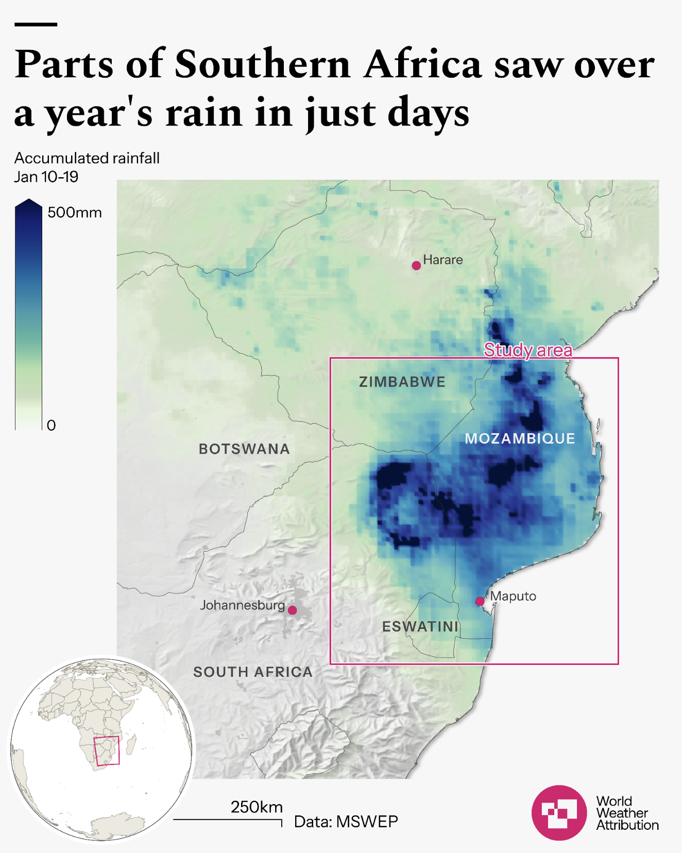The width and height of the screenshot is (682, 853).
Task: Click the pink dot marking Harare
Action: pyautogui.click(x=416, y=266)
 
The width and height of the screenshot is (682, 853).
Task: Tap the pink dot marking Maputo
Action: pyautogui.click(x=480, y=601)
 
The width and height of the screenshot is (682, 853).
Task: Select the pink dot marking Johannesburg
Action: pyautogui.click(x=292, y=610)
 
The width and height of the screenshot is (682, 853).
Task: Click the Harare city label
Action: pyautogui.click(x=442, y=260)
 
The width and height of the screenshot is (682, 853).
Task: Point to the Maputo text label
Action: pyautogui.click(x=513, y=596)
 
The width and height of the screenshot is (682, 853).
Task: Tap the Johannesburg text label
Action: pyautogui.click(x=242, y=605)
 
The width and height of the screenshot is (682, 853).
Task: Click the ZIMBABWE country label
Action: pyautogui.click(x=402, y=382)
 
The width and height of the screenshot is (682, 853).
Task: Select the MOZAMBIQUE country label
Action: pyautogui.click(x=520, y=438)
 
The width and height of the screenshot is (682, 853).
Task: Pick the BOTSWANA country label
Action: pyautogui.click(x=244, y=449)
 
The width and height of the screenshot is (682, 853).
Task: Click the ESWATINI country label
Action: pyautogui.click(x=420, y=627)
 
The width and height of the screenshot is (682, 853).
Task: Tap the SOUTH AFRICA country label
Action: pyautogui.click(x=253, y=672)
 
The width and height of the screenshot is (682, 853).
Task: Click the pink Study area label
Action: pyautogui.click(x=528, y=350)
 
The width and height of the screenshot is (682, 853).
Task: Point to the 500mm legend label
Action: pyautogui.click(x=75, y=213)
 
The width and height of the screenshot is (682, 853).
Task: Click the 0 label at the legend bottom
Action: pyautogui.click(x=52, y=425)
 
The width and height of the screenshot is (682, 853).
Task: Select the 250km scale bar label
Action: pyautogui.click(x=257, y=807)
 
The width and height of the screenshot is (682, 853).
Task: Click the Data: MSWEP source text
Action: pyautogui.click(x=346, y=822)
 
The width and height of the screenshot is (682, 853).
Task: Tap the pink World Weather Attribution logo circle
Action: pyautogui.click(x=559, y=813)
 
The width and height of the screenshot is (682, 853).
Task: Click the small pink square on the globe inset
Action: pyautogui.click(x=107, y=751)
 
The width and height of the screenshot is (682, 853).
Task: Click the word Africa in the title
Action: pyautogui.click(x=422, y=64)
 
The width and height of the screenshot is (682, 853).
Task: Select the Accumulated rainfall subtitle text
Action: pyautogui.click(x=87, y=158)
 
